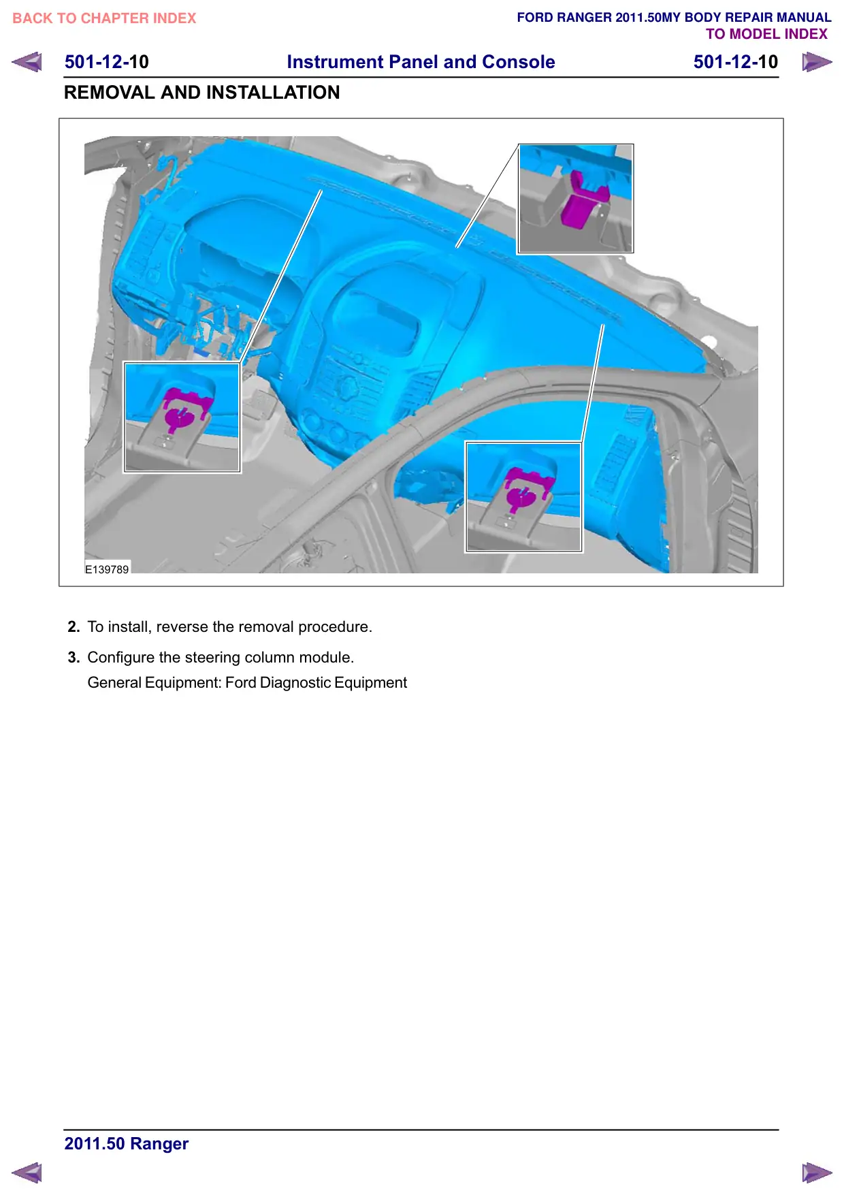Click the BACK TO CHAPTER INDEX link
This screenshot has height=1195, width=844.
pyautogui.click(x=104, y=18)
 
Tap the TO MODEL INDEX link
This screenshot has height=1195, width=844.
pyautogui.click(x=766, y=34)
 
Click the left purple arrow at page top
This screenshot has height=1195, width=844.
pyautogui.click(x=27, y=62)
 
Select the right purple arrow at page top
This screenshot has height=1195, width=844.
pyautogui.click(x=817, y=62)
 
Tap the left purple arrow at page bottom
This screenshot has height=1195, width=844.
pyautogui.click(x=27, y=1173)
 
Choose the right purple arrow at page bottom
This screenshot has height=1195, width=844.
pyautogui.click(x=817, y=1173)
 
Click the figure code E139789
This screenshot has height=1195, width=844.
pyautogui.click(x=107, y=569)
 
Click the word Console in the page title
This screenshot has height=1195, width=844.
pyautogui.click(x=519, y=62)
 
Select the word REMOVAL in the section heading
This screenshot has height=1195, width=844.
pyautogui.click(x=110, y=93)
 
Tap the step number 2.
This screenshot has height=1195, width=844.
pyautogui.click(x=74, y=627)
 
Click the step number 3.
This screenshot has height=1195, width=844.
pyautogui.click(x=74, y=658)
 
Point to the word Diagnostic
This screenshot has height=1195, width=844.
pyautogui.click(x=295, y=683)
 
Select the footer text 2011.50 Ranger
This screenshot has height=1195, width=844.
pyautogui.click(x=127, y=1144)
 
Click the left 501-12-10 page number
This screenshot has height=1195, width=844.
pyautogui.click(x=107, y=62)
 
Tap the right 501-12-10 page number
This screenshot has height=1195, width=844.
pyautogui.click(x=736, y=62)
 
